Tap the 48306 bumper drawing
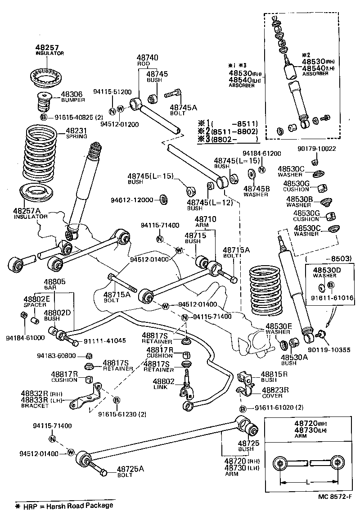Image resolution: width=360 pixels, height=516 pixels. click(x=44, y=103)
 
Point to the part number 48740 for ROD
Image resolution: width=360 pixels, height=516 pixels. click(x=147, y=58)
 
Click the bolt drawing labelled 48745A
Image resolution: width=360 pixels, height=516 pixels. click(x=172, y=95)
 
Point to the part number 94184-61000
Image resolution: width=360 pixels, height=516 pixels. click(x=25, y=338)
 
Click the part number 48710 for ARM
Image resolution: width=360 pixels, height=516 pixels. click(x=205, y=219)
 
